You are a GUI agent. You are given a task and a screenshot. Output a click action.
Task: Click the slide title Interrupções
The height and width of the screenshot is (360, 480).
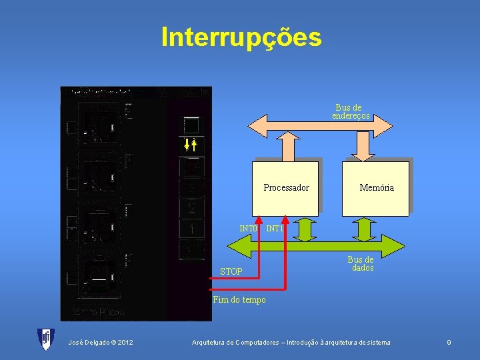point(241,37)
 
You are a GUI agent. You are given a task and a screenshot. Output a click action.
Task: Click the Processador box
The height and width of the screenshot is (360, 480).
point(286,188)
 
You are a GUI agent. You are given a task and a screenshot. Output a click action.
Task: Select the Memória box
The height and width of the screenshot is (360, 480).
point(376,188)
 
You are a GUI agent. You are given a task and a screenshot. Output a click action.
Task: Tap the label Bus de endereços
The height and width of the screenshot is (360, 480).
point(350,112)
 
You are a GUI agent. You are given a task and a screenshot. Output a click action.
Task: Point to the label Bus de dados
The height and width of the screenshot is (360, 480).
point(360,263)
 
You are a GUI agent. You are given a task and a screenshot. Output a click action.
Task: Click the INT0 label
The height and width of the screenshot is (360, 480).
point(248,229)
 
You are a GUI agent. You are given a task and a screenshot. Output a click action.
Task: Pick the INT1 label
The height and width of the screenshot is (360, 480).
point(274,229)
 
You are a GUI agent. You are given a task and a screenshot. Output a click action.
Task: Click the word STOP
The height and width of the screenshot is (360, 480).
point(231,271)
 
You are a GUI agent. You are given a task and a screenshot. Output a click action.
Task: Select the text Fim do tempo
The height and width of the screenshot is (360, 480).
point(239,300)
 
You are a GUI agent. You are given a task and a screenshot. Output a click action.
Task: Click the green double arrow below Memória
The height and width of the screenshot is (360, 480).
point(365,228)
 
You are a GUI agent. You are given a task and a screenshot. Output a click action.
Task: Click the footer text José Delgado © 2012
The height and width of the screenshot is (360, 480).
point(100,343)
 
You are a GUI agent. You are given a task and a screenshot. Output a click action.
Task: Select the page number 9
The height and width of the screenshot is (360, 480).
point(449,343)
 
